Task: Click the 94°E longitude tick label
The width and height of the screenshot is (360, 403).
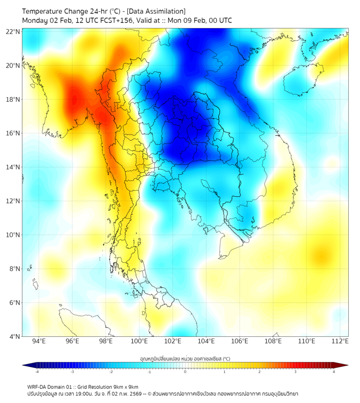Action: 39,341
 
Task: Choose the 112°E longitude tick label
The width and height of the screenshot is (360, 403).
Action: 340,341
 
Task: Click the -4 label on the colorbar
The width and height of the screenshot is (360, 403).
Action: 37,372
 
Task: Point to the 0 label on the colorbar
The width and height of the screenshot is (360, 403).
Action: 185,372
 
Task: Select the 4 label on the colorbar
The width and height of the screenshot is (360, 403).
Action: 333,372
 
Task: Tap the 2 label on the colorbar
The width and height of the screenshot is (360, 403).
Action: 259,372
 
